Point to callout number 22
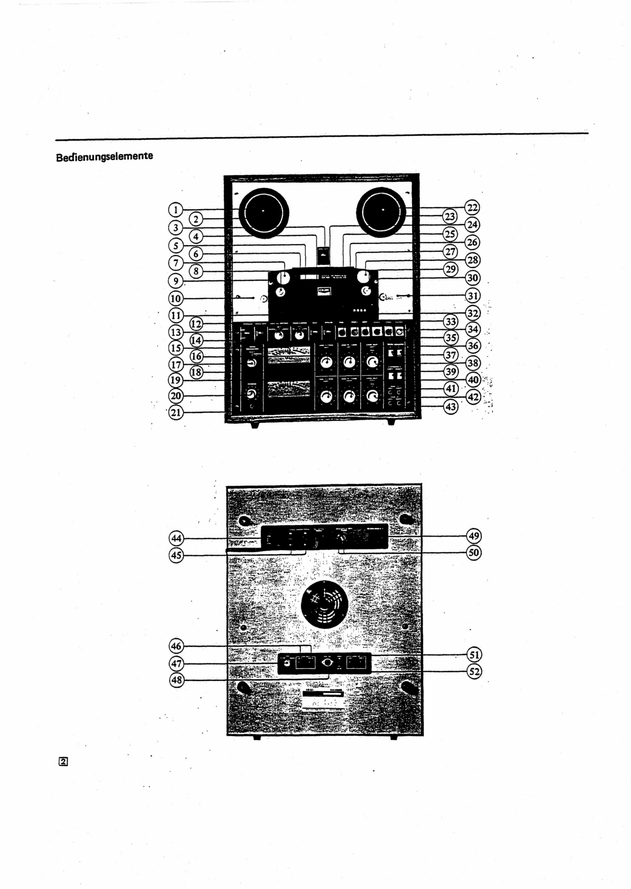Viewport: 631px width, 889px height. pos(472,207)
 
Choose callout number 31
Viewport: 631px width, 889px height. pos(472,296)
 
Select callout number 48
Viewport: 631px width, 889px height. pos(176,680)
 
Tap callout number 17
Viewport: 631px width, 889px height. pos(176,364)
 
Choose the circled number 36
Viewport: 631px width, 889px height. pos(472,345)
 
